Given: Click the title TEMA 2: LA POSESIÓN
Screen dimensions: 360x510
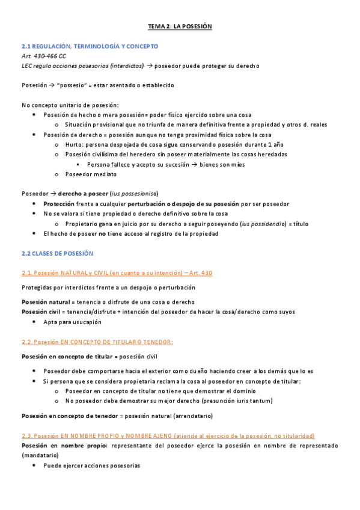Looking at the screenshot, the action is (180, 27).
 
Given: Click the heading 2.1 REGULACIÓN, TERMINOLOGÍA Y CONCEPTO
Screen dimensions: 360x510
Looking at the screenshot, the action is (90, 46).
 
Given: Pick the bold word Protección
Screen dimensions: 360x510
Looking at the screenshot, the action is (58, 203).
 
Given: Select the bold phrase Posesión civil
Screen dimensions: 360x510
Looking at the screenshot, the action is (41, 312).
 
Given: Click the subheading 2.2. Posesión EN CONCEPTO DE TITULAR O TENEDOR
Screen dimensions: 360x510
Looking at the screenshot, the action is (97, 342).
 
